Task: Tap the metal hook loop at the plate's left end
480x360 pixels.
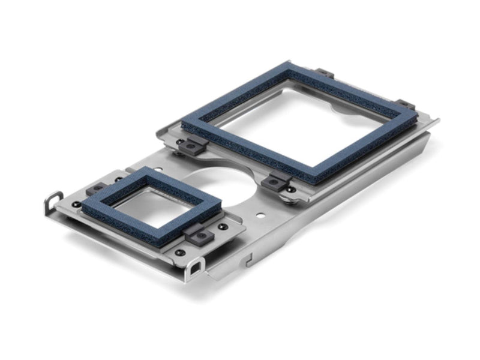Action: tap(52, 201)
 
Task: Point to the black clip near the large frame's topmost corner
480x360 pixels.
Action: tap(325, 73)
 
